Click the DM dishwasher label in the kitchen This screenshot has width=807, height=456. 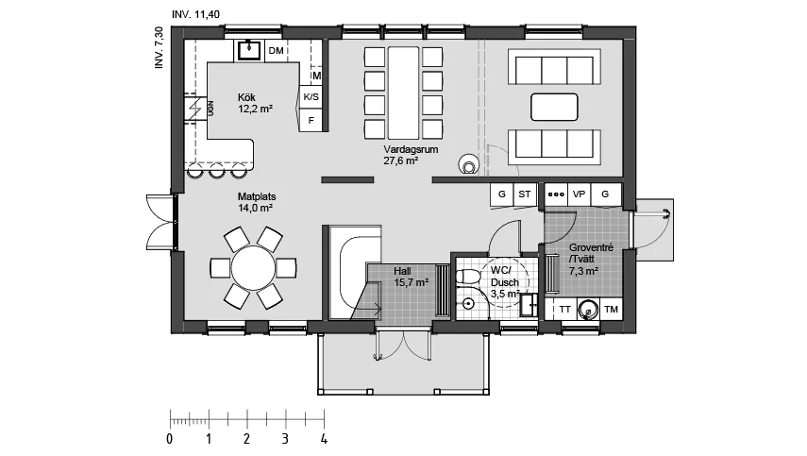277,50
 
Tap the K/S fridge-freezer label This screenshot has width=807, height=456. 311,96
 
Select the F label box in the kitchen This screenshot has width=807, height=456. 311,121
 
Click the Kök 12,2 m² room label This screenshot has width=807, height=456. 255,103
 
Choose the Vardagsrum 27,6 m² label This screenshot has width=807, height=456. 411,155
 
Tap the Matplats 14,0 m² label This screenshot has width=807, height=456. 257,202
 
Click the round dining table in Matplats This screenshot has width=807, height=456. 253,268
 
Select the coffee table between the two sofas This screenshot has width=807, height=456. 554,107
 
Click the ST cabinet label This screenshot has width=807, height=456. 525,194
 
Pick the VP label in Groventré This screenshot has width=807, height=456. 579,194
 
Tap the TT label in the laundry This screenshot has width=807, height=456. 564,310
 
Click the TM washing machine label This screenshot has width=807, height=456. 611,310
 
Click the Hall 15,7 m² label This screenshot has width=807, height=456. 412,277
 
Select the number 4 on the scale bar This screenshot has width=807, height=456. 324,440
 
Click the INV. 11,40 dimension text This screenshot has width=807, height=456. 195,14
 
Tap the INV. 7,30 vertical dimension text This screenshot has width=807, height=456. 160,47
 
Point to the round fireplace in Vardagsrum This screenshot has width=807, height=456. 469,164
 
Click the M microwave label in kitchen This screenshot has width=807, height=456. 316,76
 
